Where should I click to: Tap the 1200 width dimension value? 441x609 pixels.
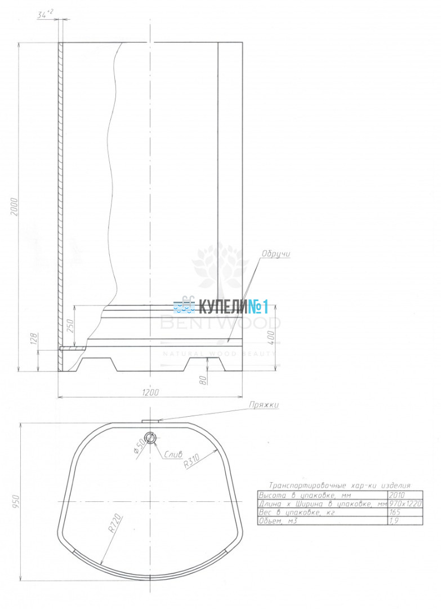pos(150,392)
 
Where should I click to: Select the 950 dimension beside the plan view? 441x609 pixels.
pos(16,501)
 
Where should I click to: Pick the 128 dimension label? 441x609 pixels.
pos(34,339)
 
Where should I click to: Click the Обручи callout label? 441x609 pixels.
pos(276,254)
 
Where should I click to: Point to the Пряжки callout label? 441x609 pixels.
pos(264,405)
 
